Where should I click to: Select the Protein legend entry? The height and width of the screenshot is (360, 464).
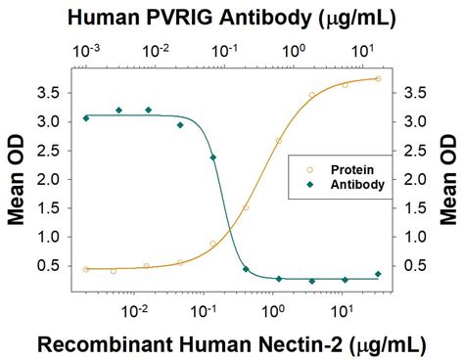pyautogui.click(x=343, y=168)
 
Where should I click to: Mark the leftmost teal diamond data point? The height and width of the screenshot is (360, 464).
pyautogui.click(x=86, y=117)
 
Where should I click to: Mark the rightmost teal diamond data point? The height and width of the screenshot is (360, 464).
pyautogui.click(x=378, y=274)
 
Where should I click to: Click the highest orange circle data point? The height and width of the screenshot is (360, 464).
pyautogui.click(x=378, y=79)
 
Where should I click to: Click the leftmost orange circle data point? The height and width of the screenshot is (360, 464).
pyautogui.click(x=86, y=269)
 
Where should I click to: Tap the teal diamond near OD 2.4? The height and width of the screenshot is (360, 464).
pyautogui.click(x=213, y=157)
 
